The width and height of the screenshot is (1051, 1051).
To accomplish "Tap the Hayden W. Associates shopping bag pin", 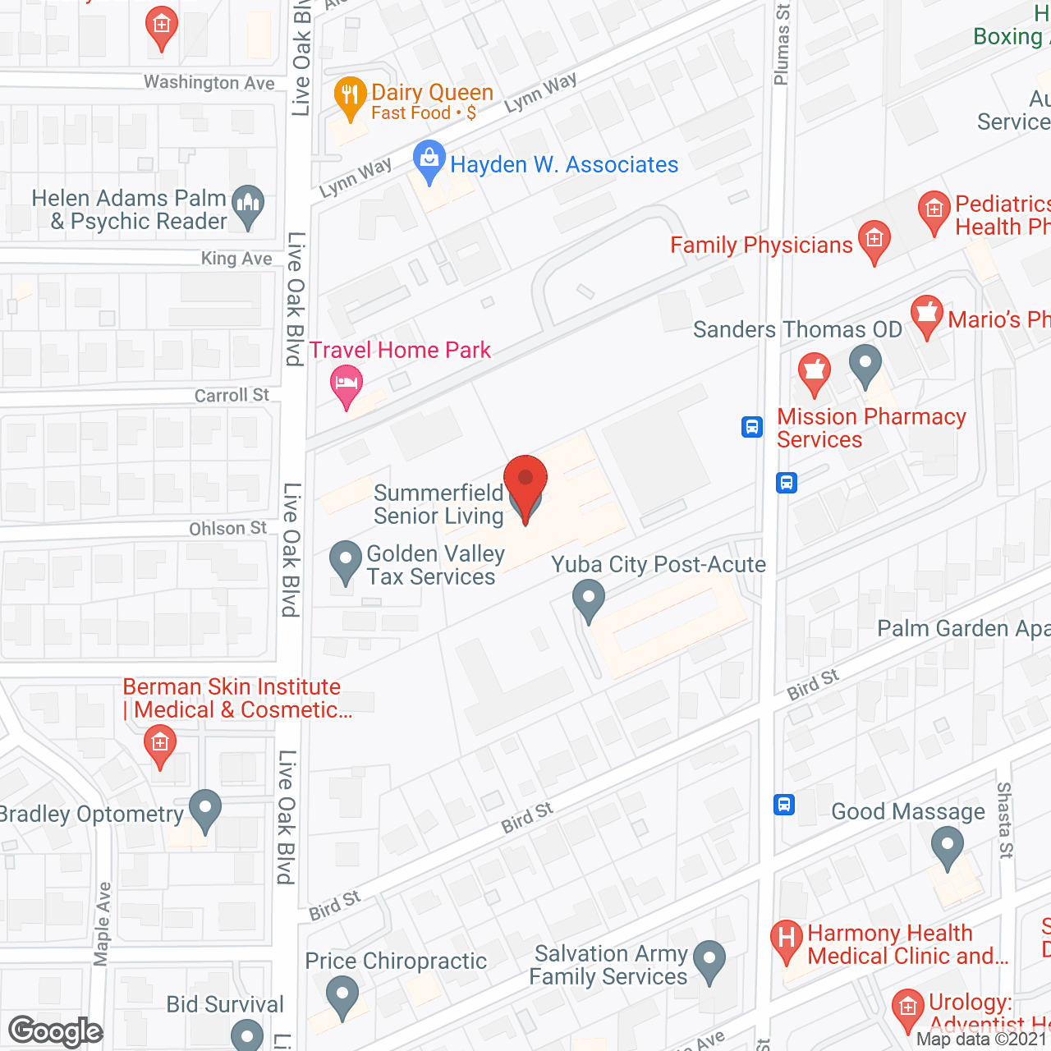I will (x=429, y=160).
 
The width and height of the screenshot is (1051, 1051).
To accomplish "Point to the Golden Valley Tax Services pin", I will (x=346, y=562).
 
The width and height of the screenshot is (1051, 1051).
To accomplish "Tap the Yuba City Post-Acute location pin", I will (x=588, y=599).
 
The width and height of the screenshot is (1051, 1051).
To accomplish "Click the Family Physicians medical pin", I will (x=874, y=241).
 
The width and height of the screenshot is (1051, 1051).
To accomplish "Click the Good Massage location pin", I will (x=948, y=847).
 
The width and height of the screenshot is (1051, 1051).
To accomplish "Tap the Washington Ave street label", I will (x=209, y=82).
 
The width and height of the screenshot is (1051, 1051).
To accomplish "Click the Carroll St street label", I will (x=232, y=395).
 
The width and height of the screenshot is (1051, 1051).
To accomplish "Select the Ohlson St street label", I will (x=227, y=529).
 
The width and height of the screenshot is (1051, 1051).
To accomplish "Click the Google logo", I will (x=56, y=1031).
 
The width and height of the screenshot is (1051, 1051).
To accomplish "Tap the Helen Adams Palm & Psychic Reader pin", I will (x=248, y=207).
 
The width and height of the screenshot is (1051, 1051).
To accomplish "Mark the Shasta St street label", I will (x=1005, y=819).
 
